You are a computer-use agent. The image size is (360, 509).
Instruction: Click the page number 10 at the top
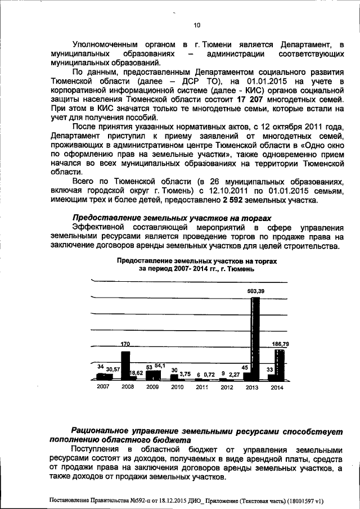coord(196,25)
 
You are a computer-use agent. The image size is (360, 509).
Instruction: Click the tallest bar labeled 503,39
coord(255,337)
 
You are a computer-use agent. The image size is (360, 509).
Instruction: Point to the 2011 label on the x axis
coord(202,388)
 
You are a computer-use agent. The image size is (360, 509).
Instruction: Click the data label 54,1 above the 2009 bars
coord(159,367)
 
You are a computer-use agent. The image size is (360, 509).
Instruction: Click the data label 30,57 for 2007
coord(113,369)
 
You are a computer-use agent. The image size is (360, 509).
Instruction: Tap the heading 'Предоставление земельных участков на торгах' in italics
coord(163,218)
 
